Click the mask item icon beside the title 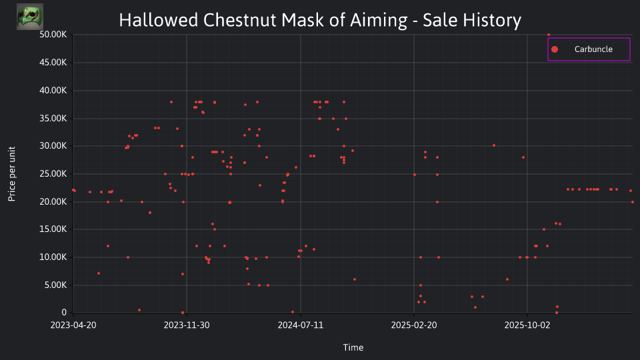tap(30, 17)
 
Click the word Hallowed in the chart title tap(159, 20)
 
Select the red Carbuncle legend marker tap(555, 49)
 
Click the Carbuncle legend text tap(593, 49)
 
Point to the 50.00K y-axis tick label tap(53, 34)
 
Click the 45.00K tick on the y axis tap(53, 63)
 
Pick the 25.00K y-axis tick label tap(53, 174)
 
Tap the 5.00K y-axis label tap(55, 285)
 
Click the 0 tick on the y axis tap(64, 312)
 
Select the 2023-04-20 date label tap(73, 325)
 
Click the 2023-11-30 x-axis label tap(187, 325)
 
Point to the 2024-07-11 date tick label tap(301, 325)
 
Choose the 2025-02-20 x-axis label tap(414, 325)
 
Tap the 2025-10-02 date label tap(527, 325)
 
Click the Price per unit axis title tap(12, 174)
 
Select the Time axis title tap(353, 347)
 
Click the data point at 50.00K tap(549, 35)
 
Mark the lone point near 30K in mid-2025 tap(494, 145)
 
